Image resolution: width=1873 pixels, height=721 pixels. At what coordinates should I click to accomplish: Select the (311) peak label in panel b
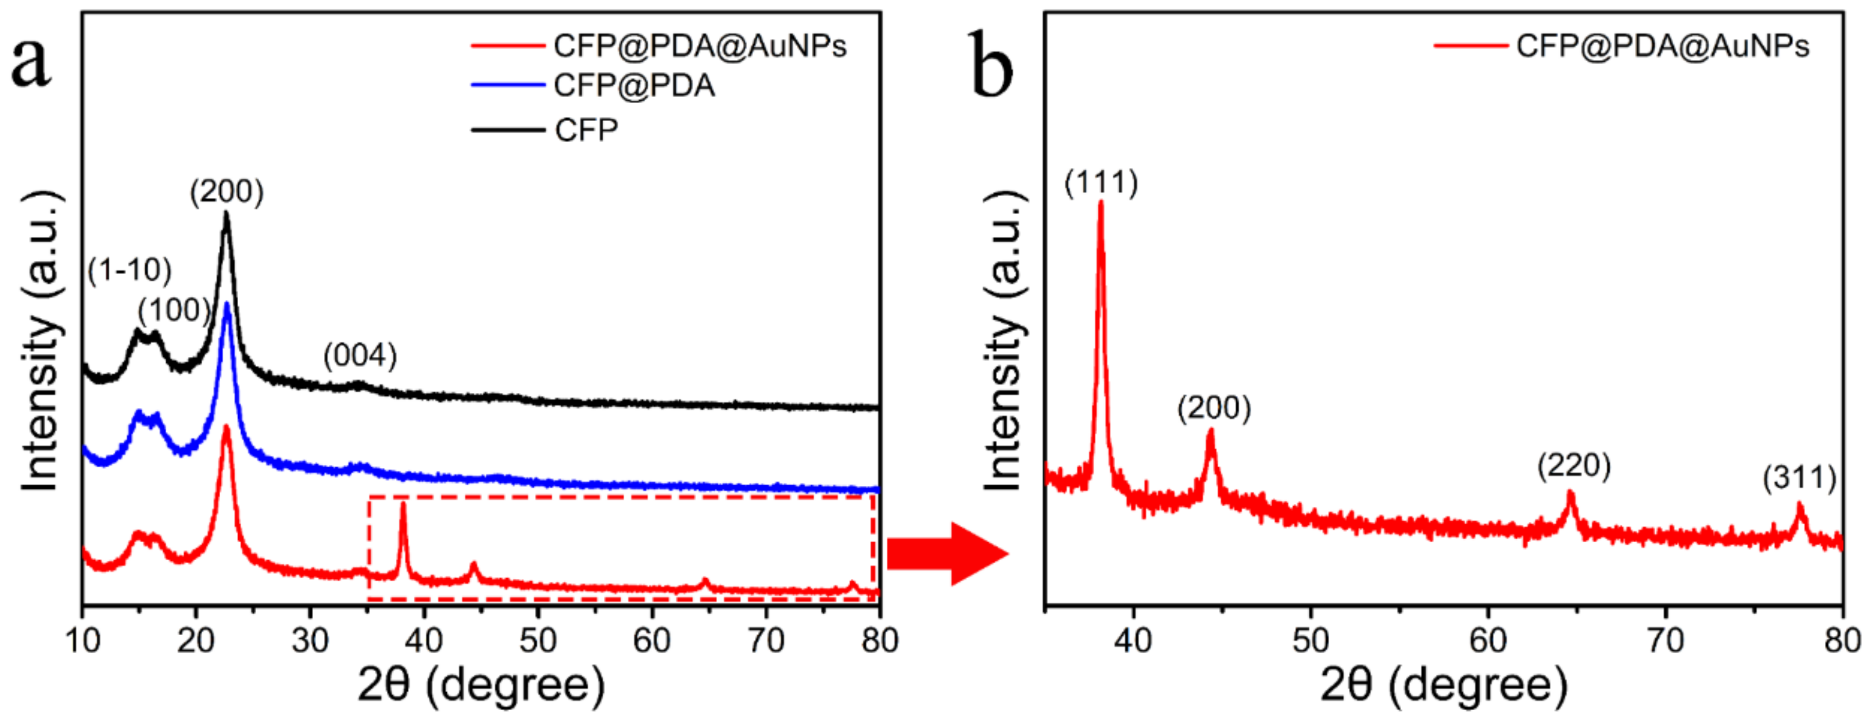pyautogui.click(x=1799, y=479)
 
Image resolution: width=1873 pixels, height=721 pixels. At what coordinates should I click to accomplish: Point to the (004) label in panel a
pyautogui.click(x=360, y=356)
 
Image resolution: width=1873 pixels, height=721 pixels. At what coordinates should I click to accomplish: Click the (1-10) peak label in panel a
pyautogui.click(x=129, y=270)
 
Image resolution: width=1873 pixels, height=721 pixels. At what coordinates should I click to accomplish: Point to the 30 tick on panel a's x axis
pyautogui.click(x=311, y=641)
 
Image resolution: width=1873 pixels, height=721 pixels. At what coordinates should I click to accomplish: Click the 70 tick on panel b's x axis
pyautogui.click(x=1665, y=641)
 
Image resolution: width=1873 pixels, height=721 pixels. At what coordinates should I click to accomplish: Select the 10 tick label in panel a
pyautogui.click(x=83, y=641)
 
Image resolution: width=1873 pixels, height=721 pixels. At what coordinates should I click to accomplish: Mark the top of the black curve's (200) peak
pyautogui.click(x=226, y=214)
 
